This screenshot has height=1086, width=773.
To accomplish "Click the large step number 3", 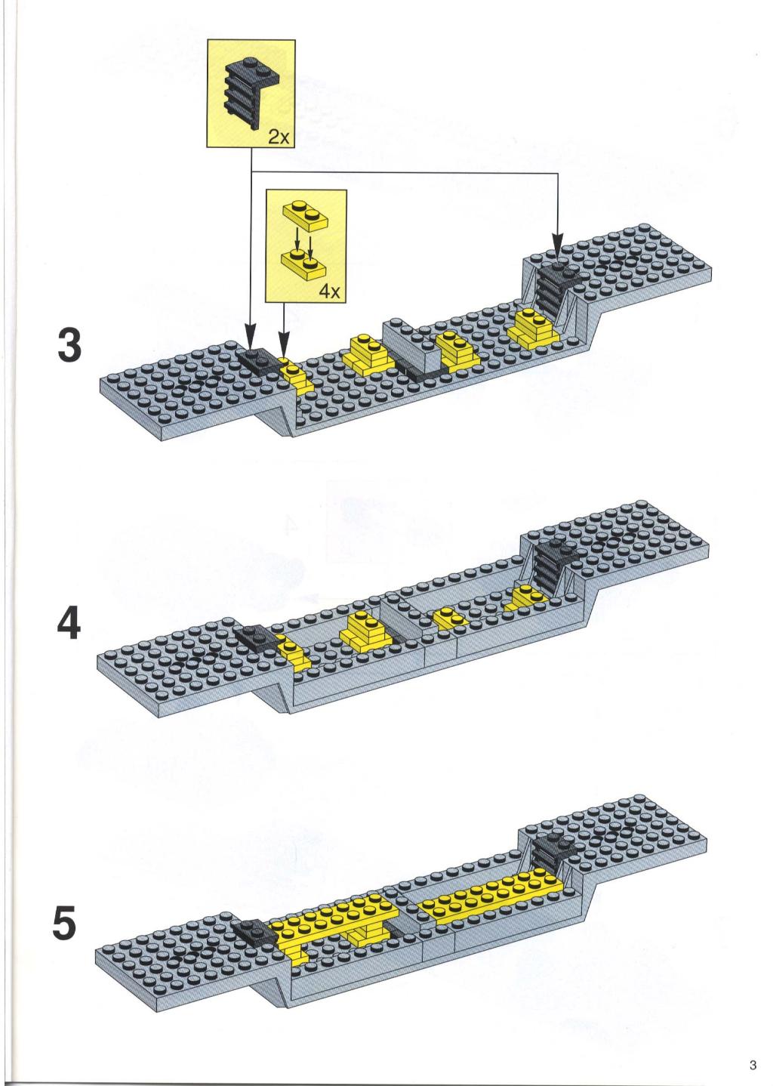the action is click(69, 345).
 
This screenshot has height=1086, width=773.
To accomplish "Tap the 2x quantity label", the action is click(279, 137).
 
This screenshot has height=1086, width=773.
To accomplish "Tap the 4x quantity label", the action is click(330, 292).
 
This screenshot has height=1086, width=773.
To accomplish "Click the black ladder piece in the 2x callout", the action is click(250, 92).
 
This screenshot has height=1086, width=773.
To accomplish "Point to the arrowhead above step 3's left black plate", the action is click(251, 335).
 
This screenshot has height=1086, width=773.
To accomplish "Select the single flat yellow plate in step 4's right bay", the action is click(450, 619).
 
